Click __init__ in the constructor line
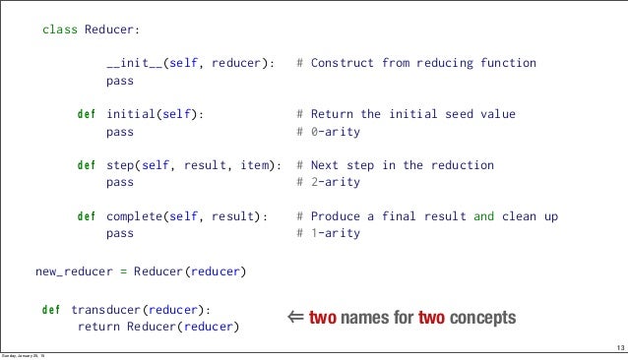click(x=134, y=64)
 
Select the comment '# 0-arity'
click(x=329, y=131)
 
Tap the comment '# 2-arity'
click(x=329, y=182)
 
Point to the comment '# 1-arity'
click(x=329, y=234)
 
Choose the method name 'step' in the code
click(x=120, y=165)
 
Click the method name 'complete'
click(x=134, y=216)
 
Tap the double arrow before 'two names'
click(x=294, y=318)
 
